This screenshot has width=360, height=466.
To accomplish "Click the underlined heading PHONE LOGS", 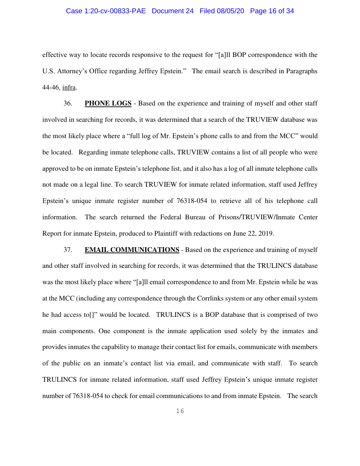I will [x=108, y=104].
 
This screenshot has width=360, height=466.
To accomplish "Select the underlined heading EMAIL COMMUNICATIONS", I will [x=131, y=250].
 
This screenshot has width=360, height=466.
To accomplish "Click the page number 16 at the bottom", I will [x=180, y=411].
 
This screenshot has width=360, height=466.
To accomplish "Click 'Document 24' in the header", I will [x=172, y=11].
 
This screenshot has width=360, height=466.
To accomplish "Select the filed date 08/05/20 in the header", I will [x=232, y=11].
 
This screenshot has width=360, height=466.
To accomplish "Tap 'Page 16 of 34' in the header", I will [x=272, y=11].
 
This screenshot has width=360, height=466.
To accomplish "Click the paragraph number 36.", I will [x=68, y=104].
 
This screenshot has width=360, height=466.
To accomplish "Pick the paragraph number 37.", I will [x=68, y=250].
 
